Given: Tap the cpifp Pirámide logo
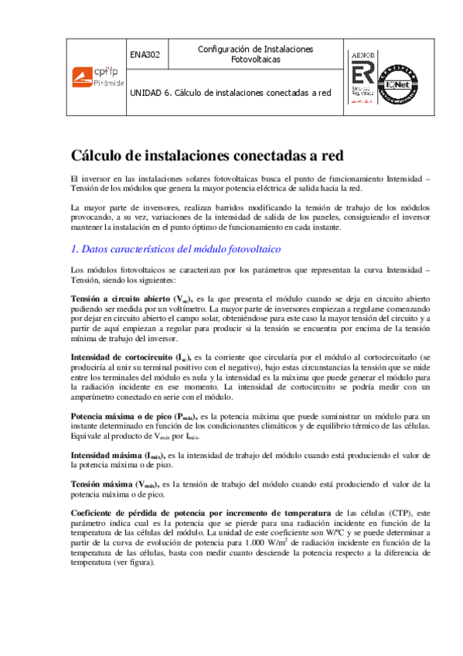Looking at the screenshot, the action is [94, 76].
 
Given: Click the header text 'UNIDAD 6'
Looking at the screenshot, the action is [150, 92].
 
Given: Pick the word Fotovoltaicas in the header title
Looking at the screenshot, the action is [255, 60].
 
